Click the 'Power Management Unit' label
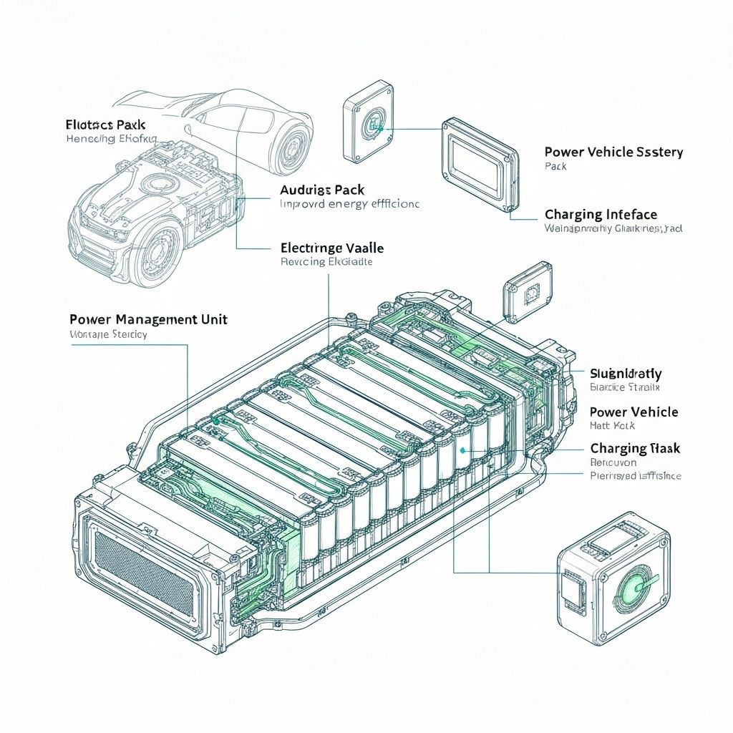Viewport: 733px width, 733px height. [148, 319]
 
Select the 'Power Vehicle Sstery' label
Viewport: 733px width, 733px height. [613, 152]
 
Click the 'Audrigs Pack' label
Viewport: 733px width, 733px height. [322, 190]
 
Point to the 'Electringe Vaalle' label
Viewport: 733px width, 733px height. [332, 248]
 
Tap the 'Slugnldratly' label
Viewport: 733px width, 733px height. [626, 373]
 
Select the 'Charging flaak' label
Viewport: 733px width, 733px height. [635, 448]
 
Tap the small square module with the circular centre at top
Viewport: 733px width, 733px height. [369, 126]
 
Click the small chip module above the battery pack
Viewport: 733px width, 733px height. [528, 291]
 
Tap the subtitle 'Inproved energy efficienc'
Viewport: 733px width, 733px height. [349, 204]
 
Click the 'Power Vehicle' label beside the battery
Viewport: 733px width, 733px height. [634, 412]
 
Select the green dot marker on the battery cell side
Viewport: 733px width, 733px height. [463, 450]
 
